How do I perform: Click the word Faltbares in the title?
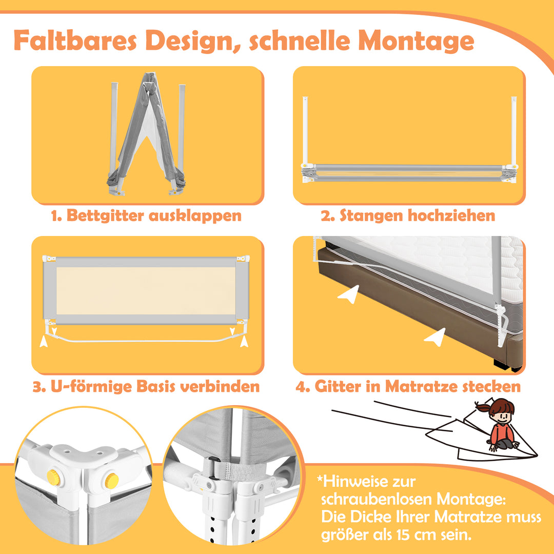coord(75,41)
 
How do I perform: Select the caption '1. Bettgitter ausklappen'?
coord(146,215)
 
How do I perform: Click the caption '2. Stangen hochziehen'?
coord(408,215)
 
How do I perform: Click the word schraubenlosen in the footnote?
coord(377,499)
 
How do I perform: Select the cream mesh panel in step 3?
coord(146,291)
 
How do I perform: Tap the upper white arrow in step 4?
coord(348,294)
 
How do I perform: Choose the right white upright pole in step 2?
coord(513,131)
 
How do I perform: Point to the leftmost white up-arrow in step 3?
coord(44,341)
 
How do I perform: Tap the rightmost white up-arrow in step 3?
coord(244,341)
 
